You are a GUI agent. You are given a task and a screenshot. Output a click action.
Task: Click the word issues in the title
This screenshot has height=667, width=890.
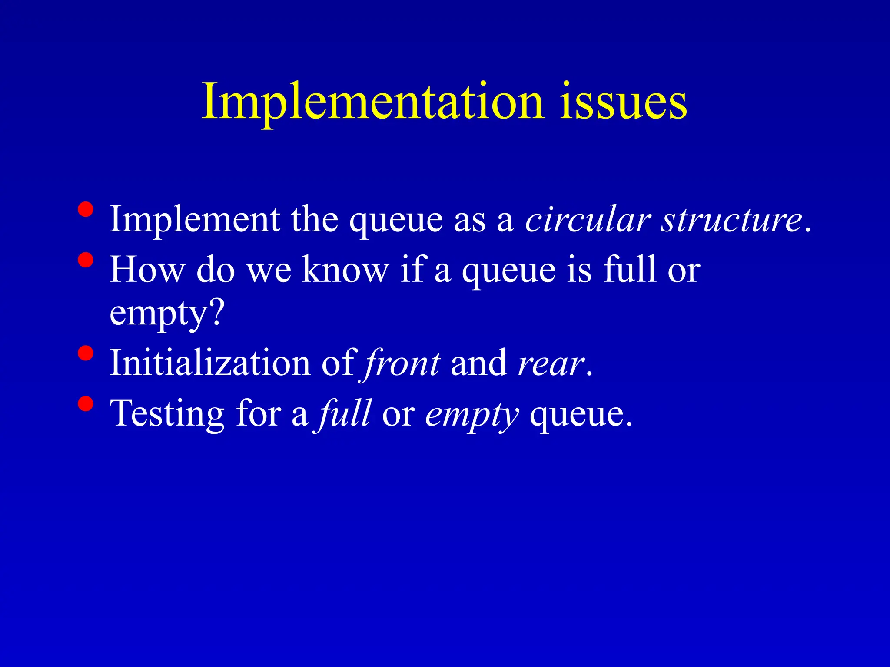[623, 102]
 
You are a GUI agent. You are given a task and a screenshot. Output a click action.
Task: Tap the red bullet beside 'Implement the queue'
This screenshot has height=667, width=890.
[86, 210]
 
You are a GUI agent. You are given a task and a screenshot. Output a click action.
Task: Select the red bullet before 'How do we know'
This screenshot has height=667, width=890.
[86, 260]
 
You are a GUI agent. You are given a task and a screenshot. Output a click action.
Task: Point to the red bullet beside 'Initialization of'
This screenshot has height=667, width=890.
[86, 353]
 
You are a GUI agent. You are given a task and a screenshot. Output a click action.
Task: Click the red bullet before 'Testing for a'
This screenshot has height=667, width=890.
[86, 404]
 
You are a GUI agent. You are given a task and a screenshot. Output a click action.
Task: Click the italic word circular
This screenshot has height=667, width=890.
[588, 219]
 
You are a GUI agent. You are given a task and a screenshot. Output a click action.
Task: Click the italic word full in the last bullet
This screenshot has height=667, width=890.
[344, 413]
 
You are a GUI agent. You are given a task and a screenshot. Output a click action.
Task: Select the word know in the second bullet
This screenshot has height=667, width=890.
[345, 270]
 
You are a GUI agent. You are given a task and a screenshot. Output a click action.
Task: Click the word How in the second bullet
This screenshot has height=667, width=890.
[147, 270]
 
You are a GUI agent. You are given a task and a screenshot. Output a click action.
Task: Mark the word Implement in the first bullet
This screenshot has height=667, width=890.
[195, 220]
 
